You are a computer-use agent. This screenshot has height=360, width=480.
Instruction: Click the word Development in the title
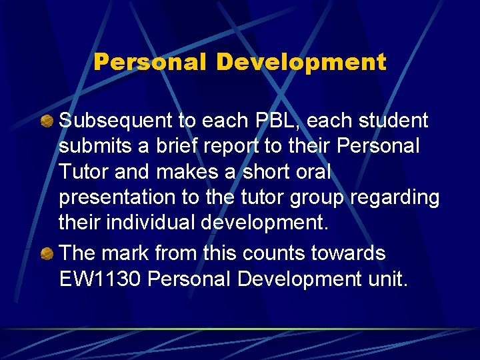(301, 62)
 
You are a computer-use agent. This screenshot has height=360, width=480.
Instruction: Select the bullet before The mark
(49, 253)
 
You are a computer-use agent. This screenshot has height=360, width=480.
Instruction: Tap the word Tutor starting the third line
(83, 171)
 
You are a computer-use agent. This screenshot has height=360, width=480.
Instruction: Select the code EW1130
(100, 279)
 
